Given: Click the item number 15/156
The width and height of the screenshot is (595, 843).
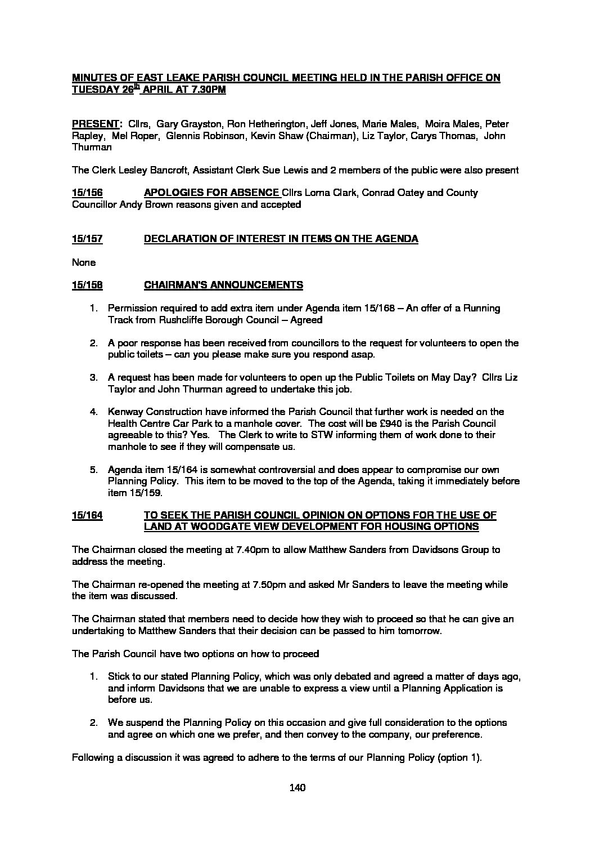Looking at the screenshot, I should coord(87,193).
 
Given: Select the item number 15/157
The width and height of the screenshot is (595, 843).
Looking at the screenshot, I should coord(87,239).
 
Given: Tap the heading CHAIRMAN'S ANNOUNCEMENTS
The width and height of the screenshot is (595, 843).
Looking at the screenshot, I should coord(223,285).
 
